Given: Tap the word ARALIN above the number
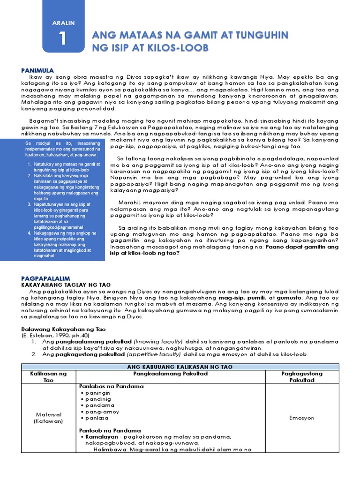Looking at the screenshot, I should [63, 22].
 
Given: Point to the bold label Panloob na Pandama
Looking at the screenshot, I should [111, 430].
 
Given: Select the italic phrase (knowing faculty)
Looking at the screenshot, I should [159, 342].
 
